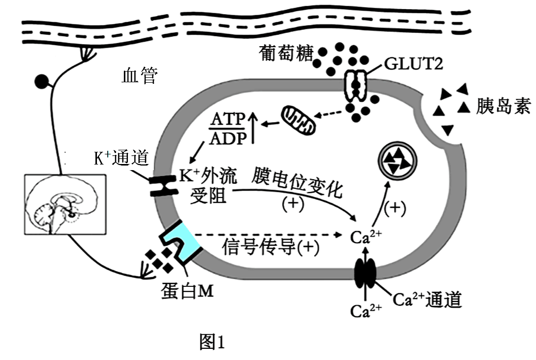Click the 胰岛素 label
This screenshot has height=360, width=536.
[503, 107]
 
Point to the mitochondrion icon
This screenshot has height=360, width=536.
[299, 120]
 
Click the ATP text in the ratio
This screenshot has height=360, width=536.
[227, 120]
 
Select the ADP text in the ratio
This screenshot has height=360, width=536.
[227, 138]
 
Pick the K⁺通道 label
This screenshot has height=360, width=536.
[121, 158]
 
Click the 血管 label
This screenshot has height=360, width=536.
[140, 76]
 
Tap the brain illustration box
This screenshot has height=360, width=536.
[65, 204]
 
